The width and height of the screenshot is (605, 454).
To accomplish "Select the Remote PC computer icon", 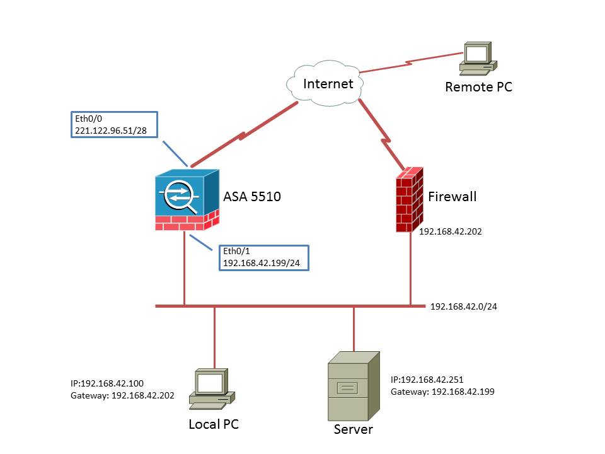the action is point(478,58).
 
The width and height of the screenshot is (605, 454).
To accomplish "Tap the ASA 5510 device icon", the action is point(187,200).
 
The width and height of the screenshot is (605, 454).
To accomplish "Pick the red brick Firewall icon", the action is point(410,200).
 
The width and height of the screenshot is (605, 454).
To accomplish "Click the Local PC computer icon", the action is point(212,389).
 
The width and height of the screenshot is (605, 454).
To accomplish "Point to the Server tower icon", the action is point(354,386).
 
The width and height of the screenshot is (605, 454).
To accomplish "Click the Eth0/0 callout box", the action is point(114,124).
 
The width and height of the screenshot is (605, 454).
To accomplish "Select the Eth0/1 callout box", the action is point(264,257).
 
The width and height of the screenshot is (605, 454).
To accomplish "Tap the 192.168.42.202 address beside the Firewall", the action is point(450,231).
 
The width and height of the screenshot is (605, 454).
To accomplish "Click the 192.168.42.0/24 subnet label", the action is point(463,306).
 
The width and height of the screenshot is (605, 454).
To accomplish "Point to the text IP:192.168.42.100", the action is point(107,383).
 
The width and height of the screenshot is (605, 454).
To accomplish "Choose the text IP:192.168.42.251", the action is point(427,380).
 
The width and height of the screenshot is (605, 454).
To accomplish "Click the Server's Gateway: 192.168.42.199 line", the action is point(442,392).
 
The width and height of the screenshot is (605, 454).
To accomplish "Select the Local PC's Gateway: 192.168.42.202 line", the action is point(122,396).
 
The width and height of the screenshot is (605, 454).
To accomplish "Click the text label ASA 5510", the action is point(252,197).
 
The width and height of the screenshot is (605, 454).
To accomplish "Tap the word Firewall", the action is point(452,197).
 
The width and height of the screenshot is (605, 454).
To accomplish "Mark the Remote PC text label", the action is point(478,87).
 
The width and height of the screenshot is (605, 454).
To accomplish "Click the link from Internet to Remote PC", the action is point(412,63).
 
